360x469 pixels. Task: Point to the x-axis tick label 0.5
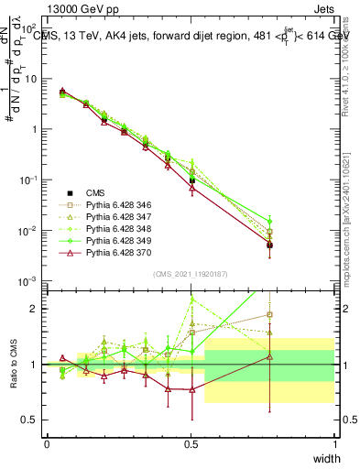click(x=191, y=443)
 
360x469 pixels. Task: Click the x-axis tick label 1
click(x=334, y=443)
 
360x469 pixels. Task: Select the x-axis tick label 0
click(x=47, y=443)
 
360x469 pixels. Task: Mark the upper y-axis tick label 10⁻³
click(x=29, y=280)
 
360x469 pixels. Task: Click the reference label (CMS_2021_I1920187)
click(x=191, y=274)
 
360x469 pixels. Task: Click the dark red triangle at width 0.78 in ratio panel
click(x=269, y=357)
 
